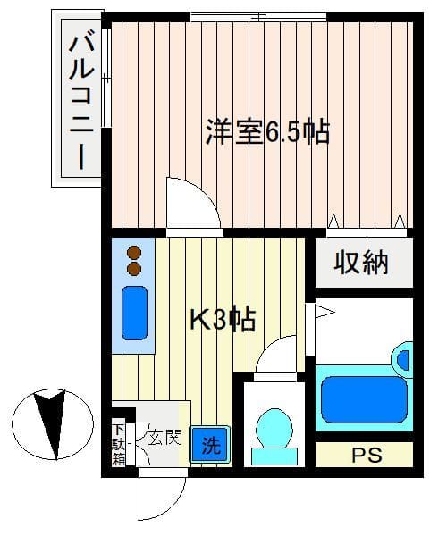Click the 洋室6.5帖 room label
click(x=267, y=133)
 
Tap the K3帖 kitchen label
click(x=223, y=318)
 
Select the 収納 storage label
click(x=361, y=264)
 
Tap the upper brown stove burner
click(x=133, y=253)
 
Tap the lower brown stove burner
click(x=133, y=268)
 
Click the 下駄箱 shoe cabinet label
click(x=119, y=443)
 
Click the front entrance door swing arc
click(x=162, y=497)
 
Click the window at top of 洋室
click(x=258, y=15)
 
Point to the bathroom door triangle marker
click(x=322, y=312)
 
